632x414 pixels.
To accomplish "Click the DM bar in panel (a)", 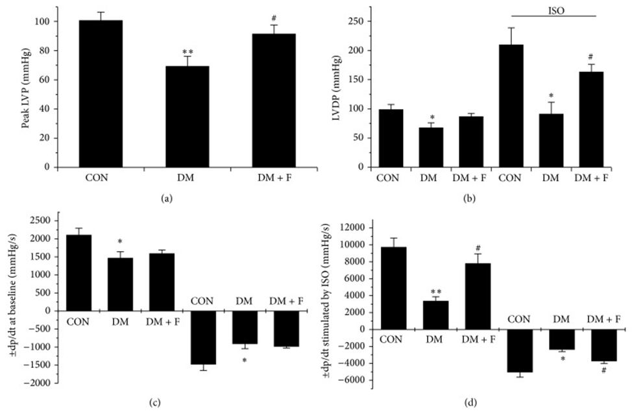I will tap(187, 117).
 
